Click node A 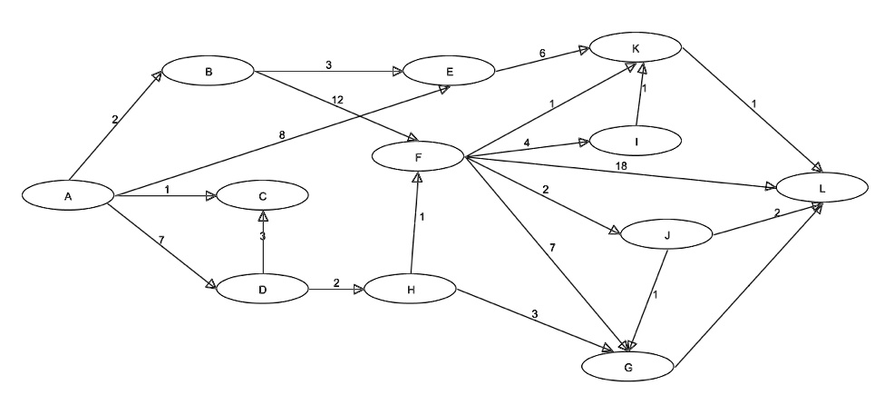pos(68,195)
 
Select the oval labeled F pos(418,156)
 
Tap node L pos(822,188)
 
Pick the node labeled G pos(628,367)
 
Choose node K pos(636,47)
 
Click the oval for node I pos(636,141)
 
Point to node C pos(262,195)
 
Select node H pos(411,289)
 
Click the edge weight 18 pos(621,166)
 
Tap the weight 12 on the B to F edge pos(337,101)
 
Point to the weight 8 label pos(282,135)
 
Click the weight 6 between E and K pos(542,53)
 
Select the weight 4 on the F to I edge pos(527,143)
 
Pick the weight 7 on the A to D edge pos(161,240)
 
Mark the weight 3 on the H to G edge pos(534,314)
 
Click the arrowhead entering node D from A pos(211,283)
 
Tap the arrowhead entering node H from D pos(358,289)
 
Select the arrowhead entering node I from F pos(584,142)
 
